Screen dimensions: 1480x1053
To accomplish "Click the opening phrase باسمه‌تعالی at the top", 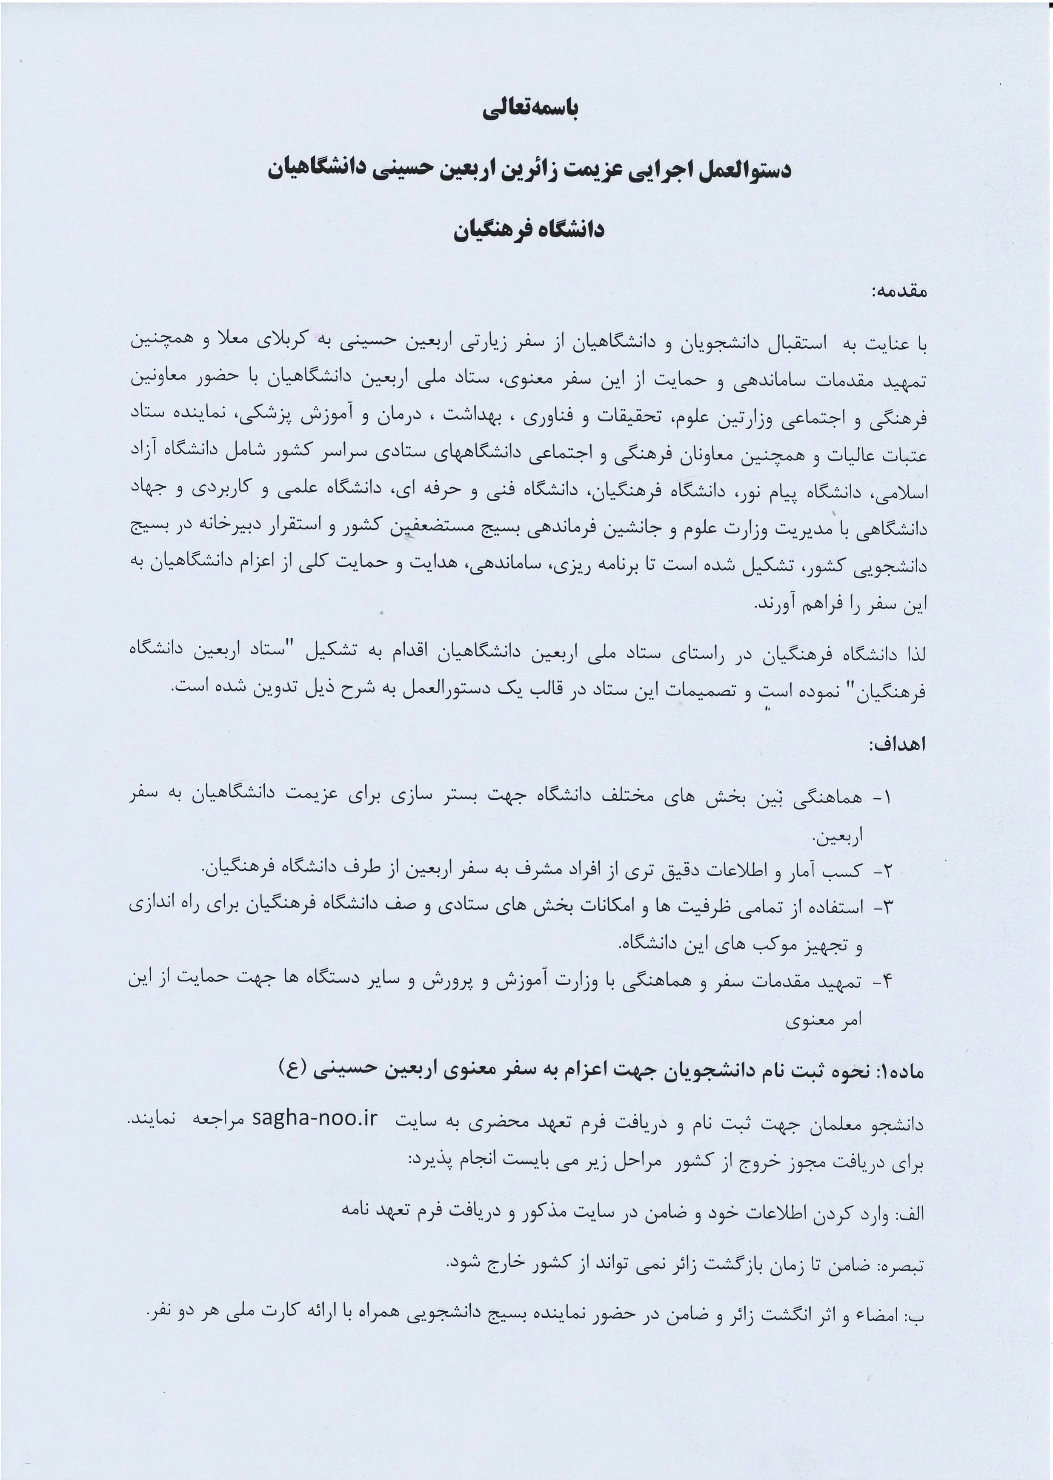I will click(x=530, y=109).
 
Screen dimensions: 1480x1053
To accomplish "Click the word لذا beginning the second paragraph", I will click(x=912, y=655).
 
